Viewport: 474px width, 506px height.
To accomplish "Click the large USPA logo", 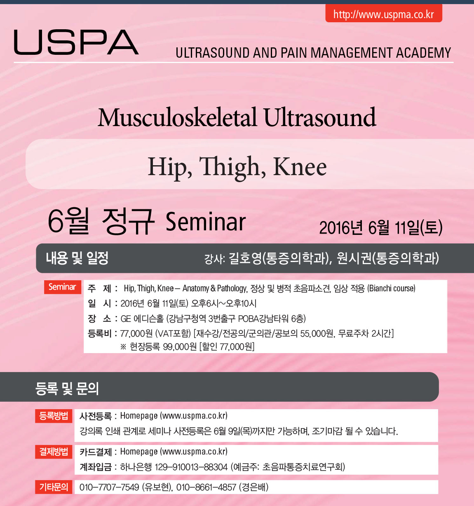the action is (x=76, y=42).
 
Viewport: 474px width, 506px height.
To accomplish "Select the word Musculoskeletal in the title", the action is (x=178, y=117).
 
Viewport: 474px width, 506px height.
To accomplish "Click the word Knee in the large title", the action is (x=300, y=166).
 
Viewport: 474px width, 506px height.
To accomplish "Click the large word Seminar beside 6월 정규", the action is (x=206, y=222).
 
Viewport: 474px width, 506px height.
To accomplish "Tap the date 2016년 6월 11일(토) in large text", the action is (x=381, y=227).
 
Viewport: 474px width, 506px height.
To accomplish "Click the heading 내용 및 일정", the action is (x=77, y=258).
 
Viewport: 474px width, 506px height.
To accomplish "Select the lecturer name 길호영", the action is (x=245, y=258).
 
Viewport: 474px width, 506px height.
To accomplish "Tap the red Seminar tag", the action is (x=63, y=287).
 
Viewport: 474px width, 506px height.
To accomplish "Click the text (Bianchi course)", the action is (x=391, y=288).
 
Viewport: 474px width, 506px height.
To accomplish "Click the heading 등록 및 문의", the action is (x=67, y=389).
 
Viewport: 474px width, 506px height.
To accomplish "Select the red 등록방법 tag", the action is (x=54, y=416).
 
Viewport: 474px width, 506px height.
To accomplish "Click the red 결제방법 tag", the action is (x=54, y=452).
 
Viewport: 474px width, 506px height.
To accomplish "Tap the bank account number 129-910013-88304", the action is (x=191, y=467).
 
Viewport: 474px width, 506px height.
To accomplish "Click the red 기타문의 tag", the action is (x=54, y=487).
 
